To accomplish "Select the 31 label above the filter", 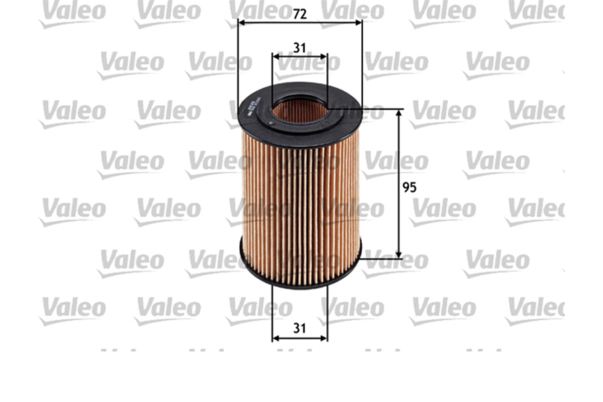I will (299, 48).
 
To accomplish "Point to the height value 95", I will (409, 188).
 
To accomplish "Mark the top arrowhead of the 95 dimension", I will (399, 113).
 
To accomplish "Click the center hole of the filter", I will (299, 109).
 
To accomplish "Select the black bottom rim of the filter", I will (299, 274).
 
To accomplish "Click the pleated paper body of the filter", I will (299, 201).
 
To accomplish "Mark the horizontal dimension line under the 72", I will (268, 22).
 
